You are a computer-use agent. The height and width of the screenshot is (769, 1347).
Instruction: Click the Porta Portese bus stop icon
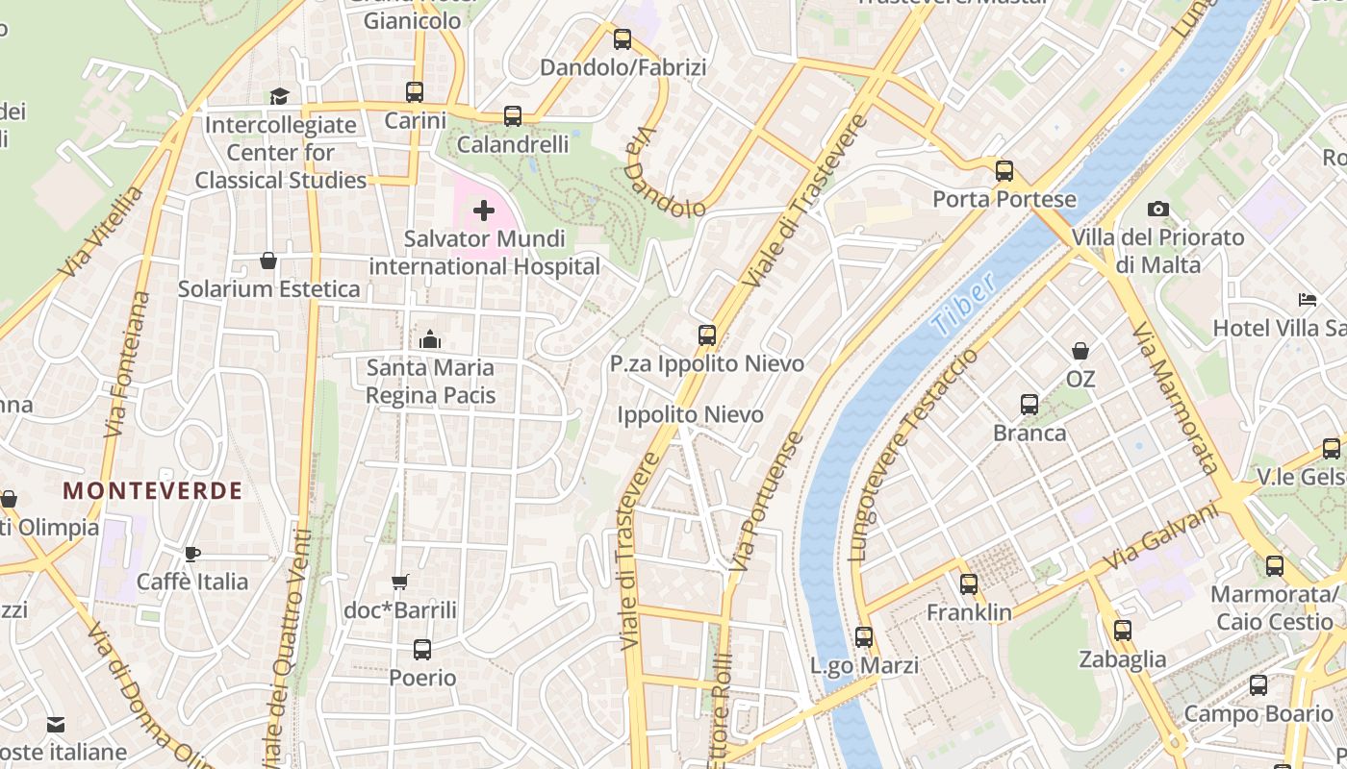coord(1004,171)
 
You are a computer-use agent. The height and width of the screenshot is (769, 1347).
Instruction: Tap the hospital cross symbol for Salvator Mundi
coord(484,211)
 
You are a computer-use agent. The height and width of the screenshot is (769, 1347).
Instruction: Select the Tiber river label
coord(963,305)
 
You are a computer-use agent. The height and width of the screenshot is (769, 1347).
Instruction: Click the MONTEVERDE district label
coord(153,490)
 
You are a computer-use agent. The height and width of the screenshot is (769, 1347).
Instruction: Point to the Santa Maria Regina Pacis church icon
coord(430,339)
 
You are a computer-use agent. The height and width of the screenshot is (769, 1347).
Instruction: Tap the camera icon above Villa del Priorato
coord(1158,209)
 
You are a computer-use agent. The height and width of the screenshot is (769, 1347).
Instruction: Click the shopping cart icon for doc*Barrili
coord(400,582)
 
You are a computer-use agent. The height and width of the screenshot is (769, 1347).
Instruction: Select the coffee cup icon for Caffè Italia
coord(192,554)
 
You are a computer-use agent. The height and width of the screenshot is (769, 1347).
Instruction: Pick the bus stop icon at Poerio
coord(422,650)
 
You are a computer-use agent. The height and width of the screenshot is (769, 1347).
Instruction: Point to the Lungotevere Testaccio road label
coord(913,455)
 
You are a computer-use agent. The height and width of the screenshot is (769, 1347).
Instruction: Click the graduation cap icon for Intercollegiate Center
coord(279,96)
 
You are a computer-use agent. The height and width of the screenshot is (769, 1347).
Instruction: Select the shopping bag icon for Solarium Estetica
coord(268,260)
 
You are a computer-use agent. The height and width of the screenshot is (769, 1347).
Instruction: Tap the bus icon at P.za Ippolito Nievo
coord(707,335)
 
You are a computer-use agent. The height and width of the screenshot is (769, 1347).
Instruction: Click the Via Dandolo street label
coord(664,173)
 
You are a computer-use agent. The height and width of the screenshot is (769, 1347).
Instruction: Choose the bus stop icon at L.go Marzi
coord(864,636)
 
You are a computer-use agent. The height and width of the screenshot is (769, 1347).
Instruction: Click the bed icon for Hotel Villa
coord(1307,300)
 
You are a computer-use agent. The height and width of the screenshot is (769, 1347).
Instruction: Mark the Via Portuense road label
coord(766,503)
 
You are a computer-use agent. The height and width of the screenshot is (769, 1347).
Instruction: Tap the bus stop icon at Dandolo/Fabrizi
coord(623,39)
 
